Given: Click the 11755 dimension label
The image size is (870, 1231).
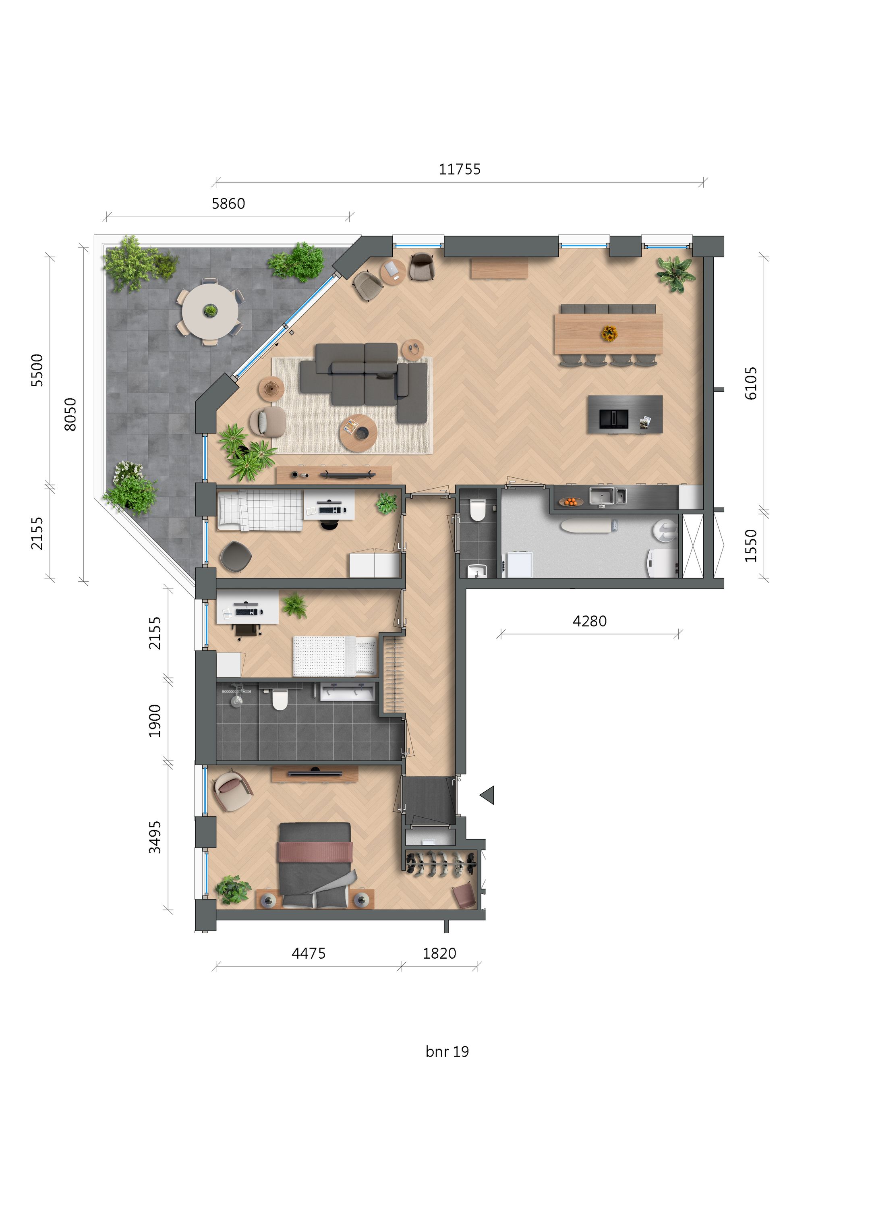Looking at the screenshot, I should point(460,170).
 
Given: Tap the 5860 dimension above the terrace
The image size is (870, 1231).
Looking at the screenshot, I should point(228,204).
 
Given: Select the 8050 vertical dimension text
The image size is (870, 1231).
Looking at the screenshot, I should point(70,414).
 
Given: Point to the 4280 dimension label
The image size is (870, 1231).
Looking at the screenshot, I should point(589,622).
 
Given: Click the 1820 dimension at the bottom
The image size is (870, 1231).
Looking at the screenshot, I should point(439,954).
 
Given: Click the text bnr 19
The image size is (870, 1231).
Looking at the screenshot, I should point(447,1052).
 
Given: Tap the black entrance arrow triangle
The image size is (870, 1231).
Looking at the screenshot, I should point(487,795).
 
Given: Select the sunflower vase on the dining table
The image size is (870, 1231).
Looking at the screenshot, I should point(609,334).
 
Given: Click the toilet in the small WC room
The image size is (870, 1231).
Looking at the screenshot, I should point(478,510).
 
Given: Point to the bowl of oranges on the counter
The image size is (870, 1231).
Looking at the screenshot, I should point(571,502).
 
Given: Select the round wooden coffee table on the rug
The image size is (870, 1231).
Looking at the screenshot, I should point(358,432).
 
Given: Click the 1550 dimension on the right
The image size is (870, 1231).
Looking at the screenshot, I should point(751,545).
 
